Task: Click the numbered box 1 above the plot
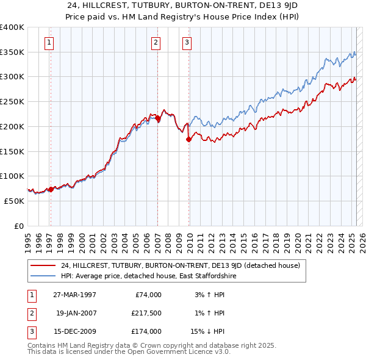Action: click(x=48, y=42)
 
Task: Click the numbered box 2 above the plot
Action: click(x=156, y=42)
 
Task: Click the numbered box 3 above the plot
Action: click(x=186, y=42)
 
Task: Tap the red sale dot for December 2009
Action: click(x=188, y=140)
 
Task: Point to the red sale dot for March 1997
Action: click(x=51, y=189)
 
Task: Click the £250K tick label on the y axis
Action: click(x=12, y=101)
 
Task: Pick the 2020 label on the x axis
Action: click(x=297, y=237)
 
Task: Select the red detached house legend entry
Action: click(x=180, y=265)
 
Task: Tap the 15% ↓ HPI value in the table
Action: click(x=209, y=331)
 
